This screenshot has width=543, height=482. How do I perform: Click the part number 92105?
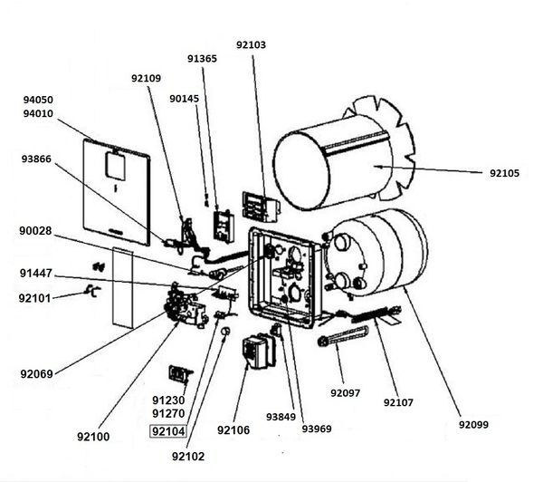504,173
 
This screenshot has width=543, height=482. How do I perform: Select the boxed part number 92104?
168,431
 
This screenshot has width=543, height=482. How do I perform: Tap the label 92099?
473,424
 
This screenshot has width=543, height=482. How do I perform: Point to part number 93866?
36,159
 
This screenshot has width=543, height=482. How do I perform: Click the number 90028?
35,231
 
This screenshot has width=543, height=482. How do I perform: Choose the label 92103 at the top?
251,44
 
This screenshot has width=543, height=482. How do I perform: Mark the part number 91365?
202,59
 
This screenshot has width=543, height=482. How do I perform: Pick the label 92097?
346,393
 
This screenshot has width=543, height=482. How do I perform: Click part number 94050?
38,100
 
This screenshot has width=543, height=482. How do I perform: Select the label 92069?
37,374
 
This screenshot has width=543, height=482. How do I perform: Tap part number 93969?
317,429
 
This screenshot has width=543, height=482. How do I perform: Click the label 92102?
188,457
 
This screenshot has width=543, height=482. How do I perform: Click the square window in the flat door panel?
116,166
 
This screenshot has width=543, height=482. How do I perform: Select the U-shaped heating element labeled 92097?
343,335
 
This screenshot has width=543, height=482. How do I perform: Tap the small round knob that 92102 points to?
225,332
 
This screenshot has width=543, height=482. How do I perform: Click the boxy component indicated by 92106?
259,352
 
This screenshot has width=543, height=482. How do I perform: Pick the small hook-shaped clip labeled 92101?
93,291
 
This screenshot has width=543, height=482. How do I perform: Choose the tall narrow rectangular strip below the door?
122,288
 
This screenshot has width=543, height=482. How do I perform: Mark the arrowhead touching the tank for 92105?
380,167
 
